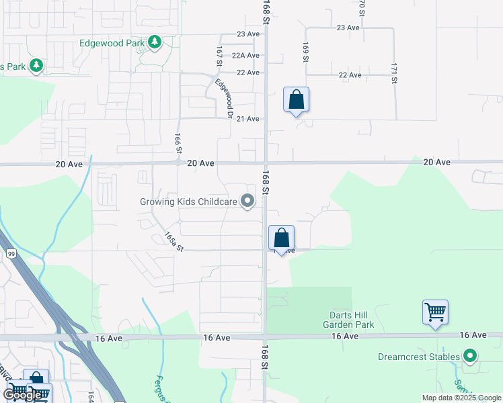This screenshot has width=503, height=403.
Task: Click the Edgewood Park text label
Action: [x=112, y=43]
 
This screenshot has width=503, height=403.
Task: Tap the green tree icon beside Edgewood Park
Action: [x=155, y=43]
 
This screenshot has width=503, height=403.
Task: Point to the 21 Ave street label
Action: [x=247, y=119]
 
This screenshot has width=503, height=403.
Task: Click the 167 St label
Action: [x=219, y=56]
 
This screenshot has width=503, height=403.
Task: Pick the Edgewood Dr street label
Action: [x=224, y=99]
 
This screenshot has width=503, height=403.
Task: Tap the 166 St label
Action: [x=178, y=142]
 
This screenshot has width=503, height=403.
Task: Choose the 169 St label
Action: [x=305, y=52]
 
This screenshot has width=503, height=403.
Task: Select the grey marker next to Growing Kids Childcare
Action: [x=248, y=201]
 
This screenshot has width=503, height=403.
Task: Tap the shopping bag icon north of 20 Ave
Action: [x=296, y=100]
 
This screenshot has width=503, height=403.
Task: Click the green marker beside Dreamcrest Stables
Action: [x=471, y=357]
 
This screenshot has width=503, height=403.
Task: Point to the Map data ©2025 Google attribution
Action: [x=462, y=398]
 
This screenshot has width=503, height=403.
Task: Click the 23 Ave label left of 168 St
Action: [x=247, y=34]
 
